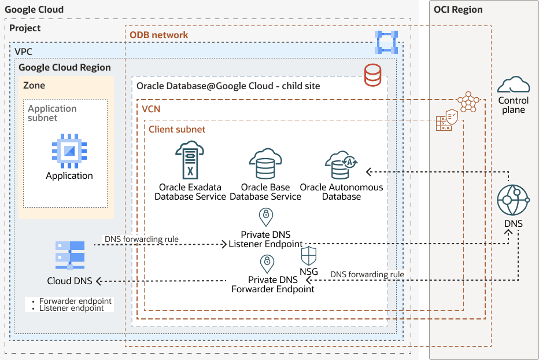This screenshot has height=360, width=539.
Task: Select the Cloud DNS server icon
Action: pos(69,255)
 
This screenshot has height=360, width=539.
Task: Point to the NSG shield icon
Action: pos(309,256)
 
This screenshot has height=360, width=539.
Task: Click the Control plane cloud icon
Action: pos(514,85)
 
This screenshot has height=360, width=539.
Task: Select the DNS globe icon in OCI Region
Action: pos(513,201)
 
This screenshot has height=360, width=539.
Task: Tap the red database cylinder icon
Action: pos(372,75)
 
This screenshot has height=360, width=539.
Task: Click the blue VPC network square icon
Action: pos(386,42)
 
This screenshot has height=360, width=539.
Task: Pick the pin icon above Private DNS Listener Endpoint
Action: pos(265,218)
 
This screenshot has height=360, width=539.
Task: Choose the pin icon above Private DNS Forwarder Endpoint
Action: pos(267,264)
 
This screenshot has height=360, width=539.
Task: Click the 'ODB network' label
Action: pos(158,35)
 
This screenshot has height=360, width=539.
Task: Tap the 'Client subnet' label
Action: pos(177,130)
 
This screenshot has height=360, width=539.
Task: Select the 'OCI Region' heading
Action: pos(458,9)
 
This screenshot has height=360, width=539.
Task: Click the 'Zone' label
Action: pos(34,85)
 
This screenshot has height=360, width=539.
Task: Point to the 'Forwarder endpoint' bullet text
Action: pos(75,301)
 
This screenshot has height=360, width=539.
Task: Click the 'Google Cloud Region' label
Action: pos(65,67)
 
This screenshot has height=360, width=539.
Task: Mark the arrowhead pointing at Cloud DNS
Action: pos(99,281)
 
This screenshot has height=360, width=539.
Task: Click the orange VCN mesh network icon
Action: pos(468,102)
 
